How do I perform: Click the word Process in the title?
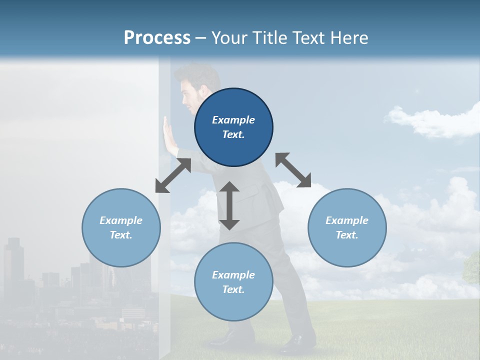(157, 38)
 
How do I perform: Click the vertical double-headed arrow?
(229, 205)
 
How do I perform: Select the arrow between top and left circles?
(173, 175)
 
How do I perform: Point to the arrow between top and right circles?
(293, 170)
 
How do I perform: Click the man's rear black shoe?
(298, 343)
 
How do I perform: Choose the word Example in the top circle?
(233, 120)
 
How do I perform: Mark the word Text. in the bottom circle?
(233, 289)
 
